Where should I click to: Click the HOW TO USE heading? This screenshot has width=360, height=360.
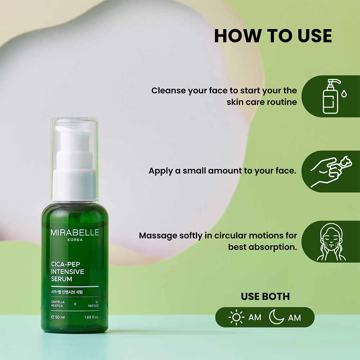(x=273, y=36)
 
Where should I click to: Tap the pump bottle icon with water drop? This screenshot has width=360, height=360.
(x=334, y=96)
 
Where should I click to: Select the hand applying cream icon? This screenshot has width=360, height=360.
(x=331, y=171)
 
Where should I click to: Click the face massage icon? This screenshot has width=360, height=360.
(x=331, y=242)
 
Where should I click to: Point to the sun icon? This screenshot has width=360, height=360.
(x=236, y=317)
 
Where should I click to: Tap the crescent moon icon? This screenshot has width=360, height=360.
(x=276, y=317)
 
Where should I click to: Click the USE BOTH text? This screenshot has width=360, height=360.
(x=265, y=296)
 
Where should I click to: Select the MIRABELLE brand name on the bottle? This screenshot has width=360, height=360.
(x=75, y=232)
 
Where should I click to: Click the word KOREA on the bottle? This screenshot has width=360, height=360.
(x=75, y=240)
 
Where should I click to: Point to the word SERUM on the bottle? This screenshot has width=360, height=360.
(x=62, y=279)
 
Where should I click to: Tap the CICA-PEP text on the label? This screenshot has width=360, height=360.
(x=66, y=264)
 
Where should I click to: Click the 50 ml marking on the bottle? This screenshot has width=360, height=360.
(x=58, y=317)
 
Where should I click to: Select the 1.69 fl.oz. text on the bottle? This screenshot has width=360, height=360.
(x=91, y=317)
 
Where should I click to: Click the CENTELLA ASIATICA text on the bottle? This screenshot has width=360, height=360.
(x=58, y=304)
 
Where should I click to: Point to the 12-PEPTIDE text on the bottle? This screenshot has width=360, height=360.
(x=94, y=304)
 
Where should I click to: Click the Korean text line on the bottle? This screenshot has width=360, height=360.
(x=67, y=292)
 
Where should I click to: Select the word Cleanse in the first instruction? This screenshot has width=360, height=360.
(x=168, y=90)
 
